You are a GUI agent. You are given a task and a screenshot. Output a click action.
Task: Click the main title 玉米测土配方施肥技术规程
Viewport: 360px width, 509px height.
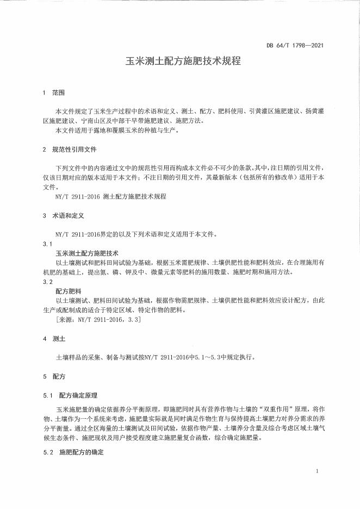pyautogui.click(x=179, y=61)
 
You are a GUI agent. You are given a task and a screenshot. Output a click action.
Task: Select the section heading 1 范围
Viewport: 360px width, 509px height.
pyautogui.click(x=53, y=93)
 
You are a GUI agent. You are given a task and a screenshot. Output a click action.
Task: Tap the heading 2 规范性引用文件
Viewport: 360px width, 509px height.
pyautogui.click(x=70, y=149)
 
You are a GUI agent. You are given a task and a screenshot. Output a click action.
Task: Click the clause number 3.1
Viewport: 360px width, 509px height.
pyautogui.click(x=47, y=244)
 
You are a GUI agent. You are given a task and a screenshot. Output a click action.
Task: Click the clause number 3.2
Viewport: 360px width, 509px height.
pyautogui.click(x=47, y=282)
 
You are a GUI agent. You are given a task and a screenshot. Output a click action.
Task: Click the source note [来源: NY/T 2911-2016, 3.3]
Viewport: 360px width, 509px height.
pyautogui.click(x=98, y=320)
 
